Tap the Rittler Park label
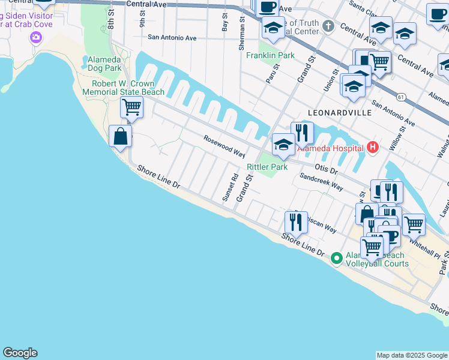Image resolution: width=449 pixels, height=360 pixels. (x=267, y=167)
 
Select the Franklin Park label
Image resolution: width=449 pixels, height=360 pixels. (x=270, y=55)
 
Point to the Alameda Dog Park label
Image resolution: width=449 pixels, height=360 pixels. (x=104, y=64)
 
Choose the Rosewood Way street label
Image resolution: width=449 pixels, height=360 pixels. (x=224, y=146)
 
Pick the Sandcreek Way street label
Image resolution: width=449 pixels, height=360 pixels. (x=321, y=182)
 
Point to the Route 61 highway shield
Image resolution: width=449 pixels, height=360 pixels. (x=400, y=97)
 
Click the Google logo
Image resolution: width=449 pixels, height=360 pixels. (x=20, y=353)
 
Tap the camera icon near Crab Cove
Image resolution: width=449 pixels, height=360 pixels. (x=35, y=38)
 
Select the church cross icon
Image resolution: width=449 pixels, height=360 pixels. (x=328, y=26)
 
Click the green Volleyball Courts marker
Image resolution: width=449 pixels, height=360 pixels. (x=337, y=258)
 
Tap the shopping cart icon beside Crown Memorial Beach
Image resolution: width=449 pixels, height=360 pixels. (x=131, y=107)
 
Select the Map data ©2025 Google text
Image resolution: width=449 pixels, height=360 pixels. (x=412, y=355)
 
